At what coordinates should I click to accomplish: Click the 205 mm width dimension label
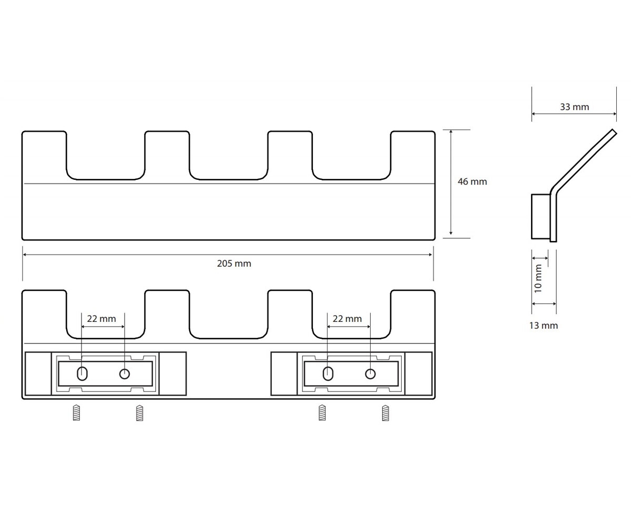(x=234, y=264)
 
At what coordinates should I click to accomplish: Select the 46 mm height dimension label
(x=472, y=181)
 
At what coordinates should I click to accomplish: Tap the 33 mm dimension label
(x=575, y=107)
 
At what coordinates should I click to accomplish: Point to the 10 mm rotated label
(x=538, y=278)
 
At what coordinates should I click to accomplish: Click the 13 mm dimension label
(x=543, y=326)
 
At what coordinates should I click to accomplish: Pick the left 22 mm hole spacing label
(x=101, y=319)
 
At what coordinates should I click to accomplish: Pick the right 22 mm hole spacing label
(x=347, y=319)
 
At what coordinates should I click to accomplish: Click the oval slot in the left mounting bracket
(x=82, y=373)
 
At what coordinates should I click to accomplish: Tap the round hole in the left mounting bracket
(x=125, y=374)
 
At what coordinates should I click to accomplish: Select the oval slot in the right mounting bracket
(x=328, y=373)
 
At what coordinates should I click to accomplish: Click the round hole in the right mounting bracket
(x=370, y=374)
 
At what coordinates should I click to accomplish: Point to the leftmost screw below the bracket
(x=76, y=412)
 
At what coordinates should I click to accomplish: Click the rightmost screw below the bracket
(x=385, y=412)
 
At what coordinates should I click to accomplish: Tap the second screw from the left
(x=140, y=412)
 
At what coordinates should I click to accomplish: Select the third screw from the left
(x=322, y=412)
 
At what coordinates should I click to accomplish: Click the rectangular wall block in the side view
(x=541, y=216)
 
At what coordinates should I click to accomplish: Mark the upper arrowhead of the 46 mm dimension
(x=451, y=132)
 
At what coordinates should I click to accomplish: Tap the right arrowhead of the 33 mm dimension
(x=614, y=114)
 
